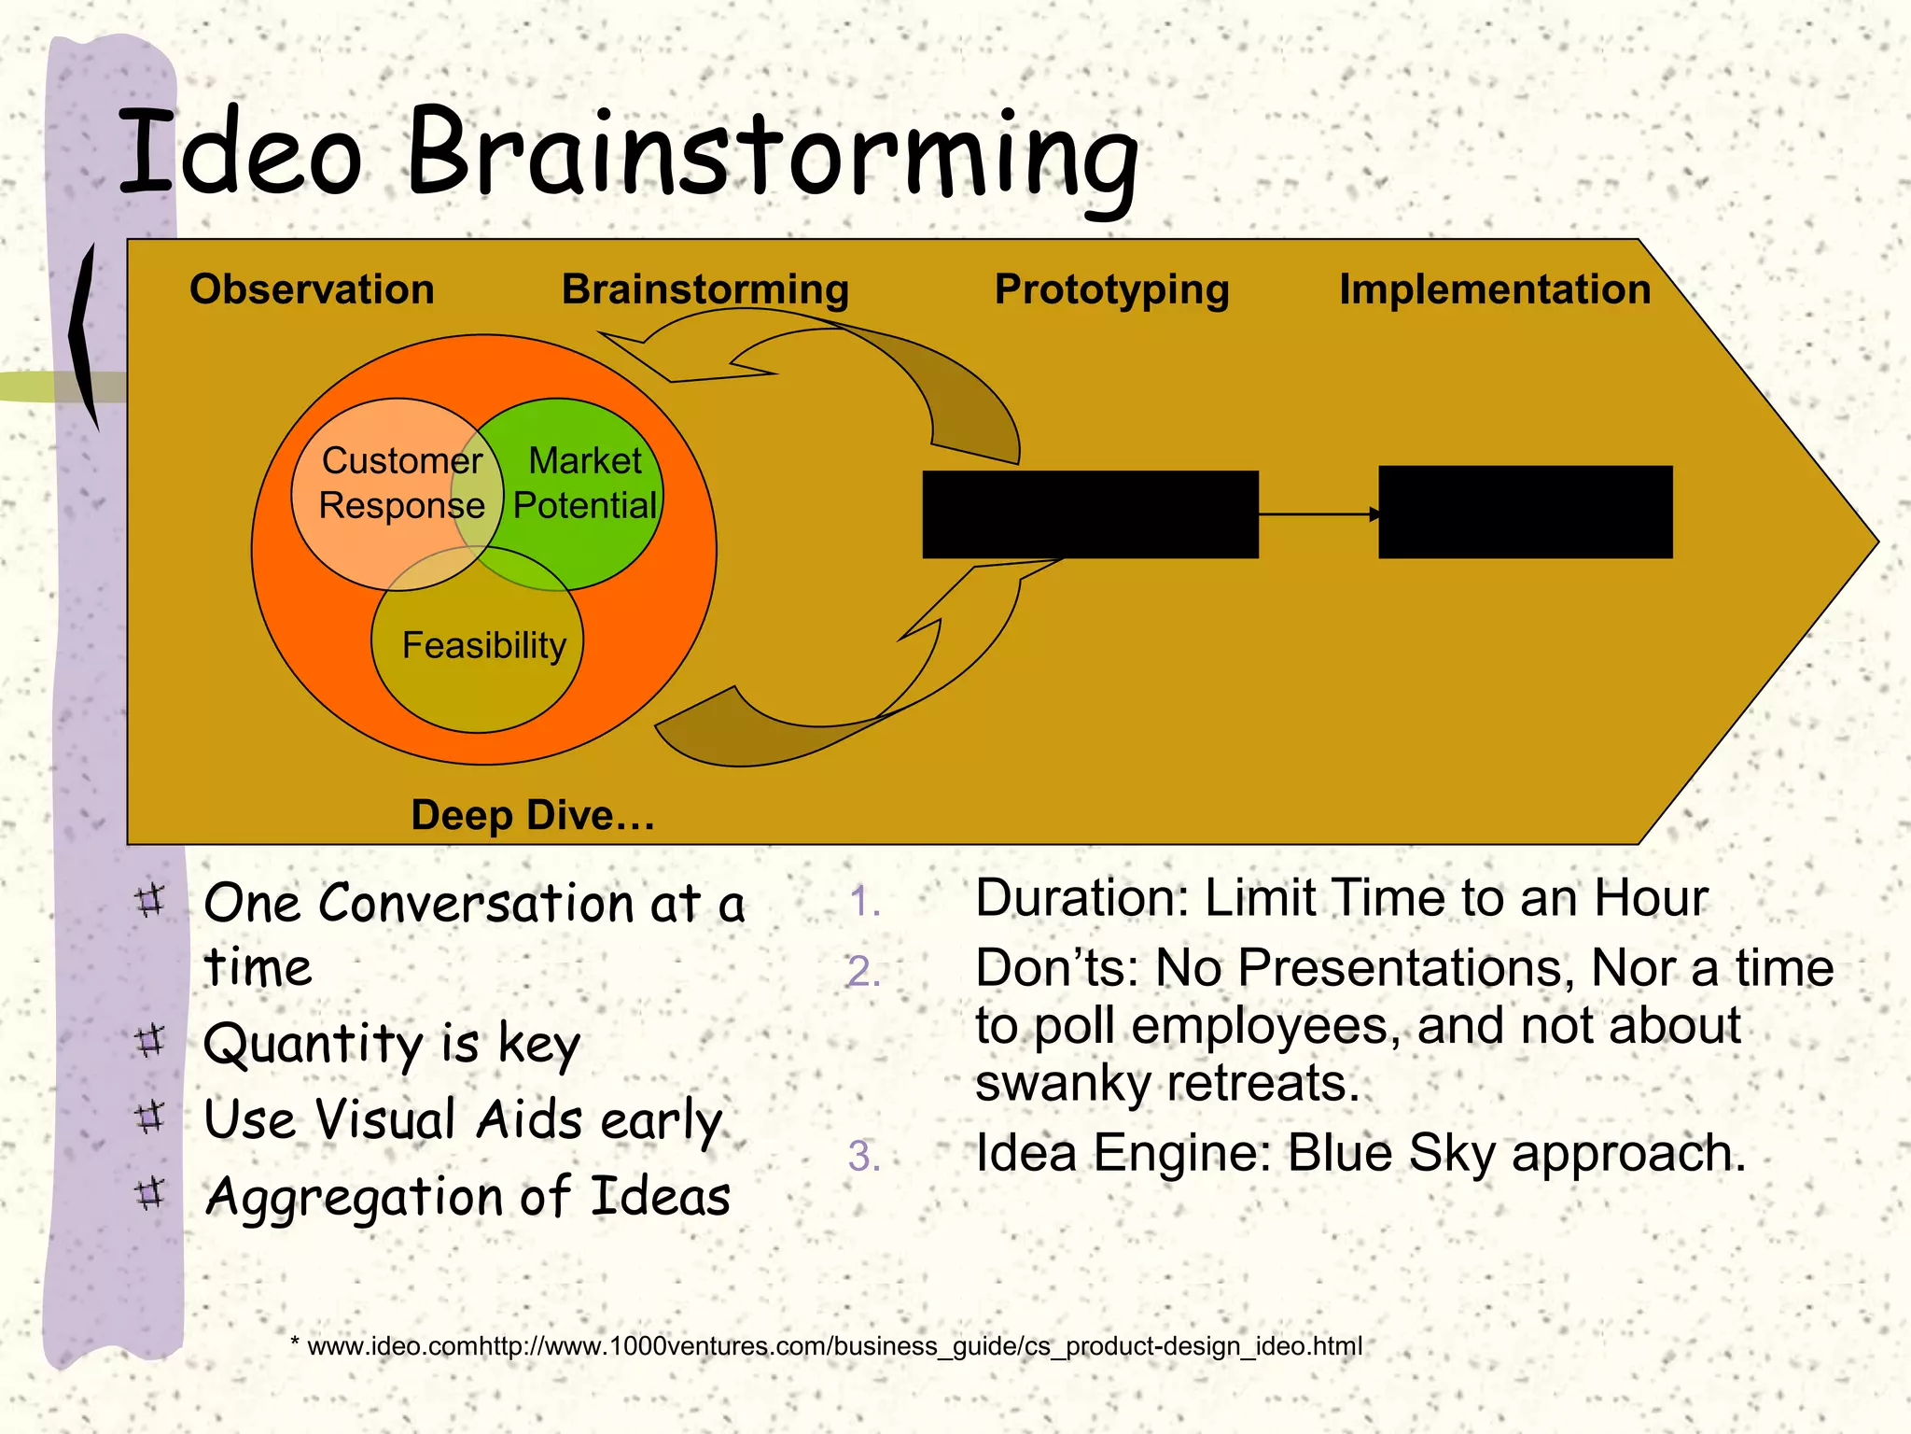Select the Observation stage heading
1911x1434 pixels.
[x=312, y=289]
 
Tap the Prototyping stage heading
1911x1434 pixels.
[x=1111, y=289]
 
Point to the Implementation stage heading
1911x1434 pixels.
[x=1495, y=289]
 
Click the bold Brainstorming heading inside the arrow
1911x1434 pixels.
[x=704, y=289]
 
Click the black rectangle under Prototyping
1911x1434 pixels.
[x=1090, y=514]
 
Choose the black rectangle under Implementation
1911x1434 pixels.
[x=1525, y=513]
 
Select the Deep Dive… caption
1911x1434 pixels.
[x=533, y=815]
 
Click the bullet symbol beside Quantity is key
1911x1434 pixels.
[x=149, y=1040]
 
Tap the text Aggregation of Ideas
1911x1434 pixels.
[x=467, y=1197]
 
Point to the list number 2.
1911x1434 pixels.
[x=863, y=972]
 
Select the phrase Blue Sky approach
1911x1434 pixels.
[x=1515, y=1153]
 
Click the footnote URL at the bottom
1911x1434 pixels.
[x=834, y=1346]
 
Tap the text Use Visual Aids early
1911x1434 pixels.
[x=463, y=1119]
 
